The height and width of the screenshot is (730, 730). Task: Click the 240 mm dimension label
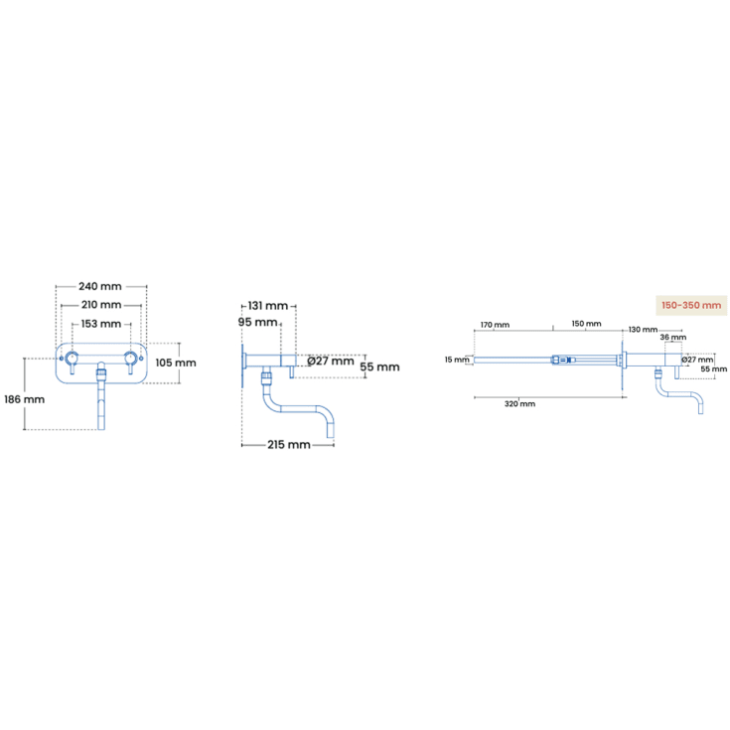(x=99, y=286)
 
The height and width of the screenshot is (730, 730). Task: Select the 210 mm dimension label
(x=101, y=305)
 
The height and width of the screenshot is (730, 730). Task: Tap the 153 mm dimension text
(x=101, y=324)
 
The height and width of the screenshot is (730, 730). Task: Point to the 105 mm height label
(x=176, y=363)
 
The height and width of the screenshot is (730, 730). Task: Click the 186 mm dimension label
(x=24, y=399)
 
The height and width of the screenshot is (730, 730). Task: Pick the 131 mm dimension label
(x=268, y=306)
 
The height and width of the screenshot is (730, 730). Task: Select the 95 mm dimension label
(x=257, y=322)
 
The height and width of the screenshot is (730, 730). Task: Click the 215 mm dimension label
(x=289, y=445)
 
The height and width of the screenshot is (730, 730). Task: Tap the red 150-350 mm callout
(x=691, y=306)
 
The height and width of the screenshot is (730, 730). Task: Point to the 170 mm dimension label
(x=495, y=325)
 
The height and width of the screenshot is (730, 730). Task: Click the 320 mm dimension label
(x=519, y=403)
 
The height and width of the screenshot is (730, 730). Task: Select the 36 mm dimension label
(x=672, y=337)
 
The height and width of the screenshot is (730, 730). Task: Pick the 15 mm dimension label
(x=457, y=360)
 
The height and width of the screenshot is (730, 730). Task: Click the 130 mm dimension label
(x=643, y=329)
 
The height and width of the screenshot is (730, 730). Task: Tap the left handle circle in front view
(x=72, y=358)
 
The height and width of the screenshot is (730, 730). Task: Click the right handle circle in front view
(x=131, y=358)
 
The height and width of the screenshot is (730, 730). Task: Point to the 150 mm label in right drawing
(x=586, y=323)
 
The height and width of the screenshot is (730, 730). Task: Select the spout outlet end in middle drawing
(x=331, y=436)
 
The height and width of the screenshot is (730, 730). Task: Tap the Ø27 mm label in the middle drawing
(x=331, y=361)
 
